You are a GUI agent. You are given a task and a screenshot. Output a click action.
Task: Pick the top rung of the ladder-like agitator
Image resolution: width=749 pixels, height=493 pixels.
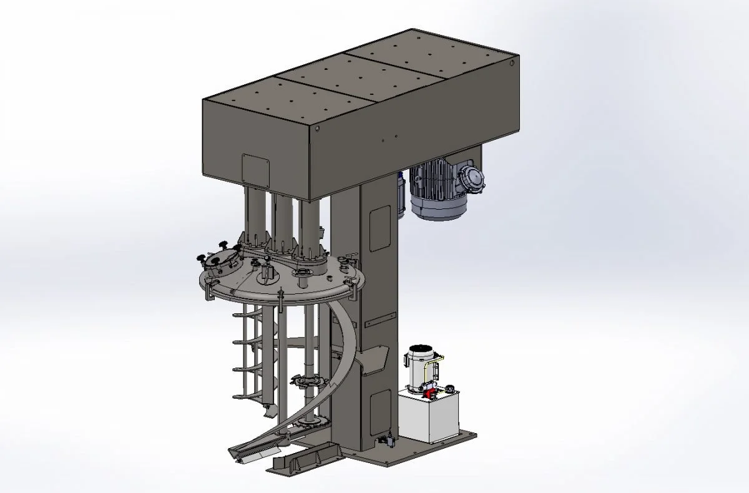247,315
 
